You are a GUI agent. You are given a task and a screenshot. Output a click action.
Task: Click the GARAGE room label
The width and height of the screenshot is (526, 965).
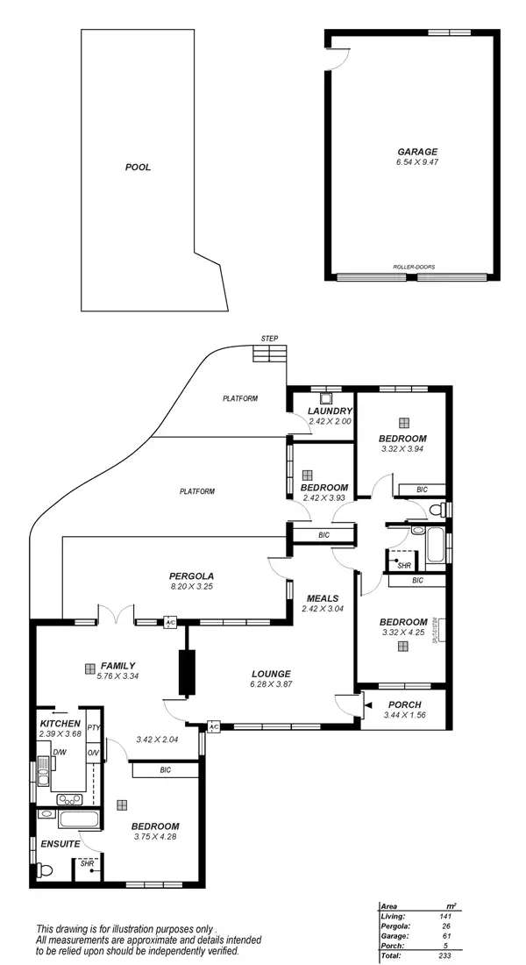click(416, 151)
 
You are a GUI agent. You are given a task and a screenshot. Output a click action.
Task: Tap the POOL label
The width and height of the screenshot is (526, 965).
click(138, 167)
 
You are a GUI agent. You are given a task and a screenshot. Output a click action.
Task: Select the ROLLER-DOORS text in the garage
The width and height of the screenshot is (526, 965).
click(415, 267)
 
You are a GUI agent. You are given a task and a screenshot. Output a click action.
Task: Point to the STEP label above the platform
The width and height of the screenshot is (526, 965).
click(269, 339)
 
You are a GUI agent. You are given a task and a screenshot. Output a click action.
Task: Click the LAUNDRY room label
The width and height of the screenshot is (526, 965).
click(331, 411)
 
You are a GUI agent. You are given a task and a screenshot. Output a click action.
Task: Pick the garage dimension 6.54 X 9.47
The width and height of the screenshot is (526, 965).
click(416, 162)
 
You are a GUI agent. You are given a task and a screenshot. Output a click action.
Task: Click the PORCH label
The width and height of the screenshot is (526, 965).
click(403, 704)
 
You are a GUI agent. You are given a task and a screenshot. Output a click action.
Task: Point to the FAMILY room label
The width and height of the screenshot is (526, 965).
click(117, 666)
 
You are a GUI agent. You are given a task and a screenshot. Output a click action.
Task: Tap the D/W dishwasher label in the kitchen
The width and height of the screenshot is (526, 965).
click(60, 753)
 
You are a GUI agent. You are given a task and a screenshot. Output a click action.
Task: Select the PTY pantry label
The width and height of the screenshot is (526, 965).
click(93, 728)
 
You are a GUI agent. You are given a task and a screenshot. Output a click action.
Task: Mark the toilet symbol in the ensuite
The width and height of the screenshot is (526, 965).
click(46, 869)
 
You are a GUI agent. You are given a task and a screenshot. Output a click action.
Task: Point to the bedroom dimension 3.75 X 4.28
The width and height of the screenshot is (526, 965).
click(155, 837)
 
